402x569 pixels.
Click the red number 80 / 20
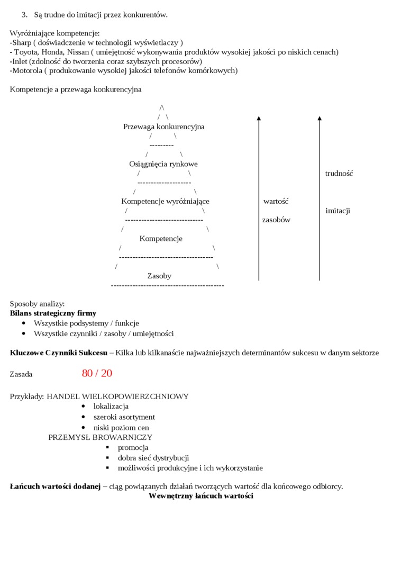[97, 374]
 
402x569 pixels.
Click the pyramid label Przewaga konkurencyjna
[163, 127]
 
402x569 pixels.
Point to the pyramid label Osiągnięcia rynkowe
[163, 164]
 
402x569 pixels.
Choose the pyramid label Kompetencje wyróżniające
[165, 201]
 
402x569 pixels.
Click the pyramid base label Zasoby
[159, 276]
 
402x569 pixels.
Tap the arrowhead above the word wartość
[259, 119]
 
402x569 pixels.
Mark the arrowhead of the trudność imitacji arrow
[319, 119]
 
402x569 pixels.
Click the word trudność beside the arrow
[339, 174]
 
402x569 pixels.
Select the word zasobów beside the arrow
[276, 220]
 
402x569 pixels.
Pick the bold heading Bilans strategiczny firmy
[53, 313]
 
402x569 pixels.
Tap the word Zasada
[21, 374]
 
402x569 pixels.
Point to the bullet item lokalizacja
[111, 407]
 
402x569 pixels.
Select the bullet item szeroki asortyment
[124, 417]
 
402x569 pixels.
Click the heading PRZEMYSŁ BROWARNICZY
[100, 437]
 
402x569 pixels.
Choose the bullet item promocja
[133, 448]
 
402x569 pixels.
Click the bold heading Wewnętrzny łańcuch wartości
[201, 496]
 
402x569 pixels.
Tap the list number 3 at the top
[24, 15]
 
